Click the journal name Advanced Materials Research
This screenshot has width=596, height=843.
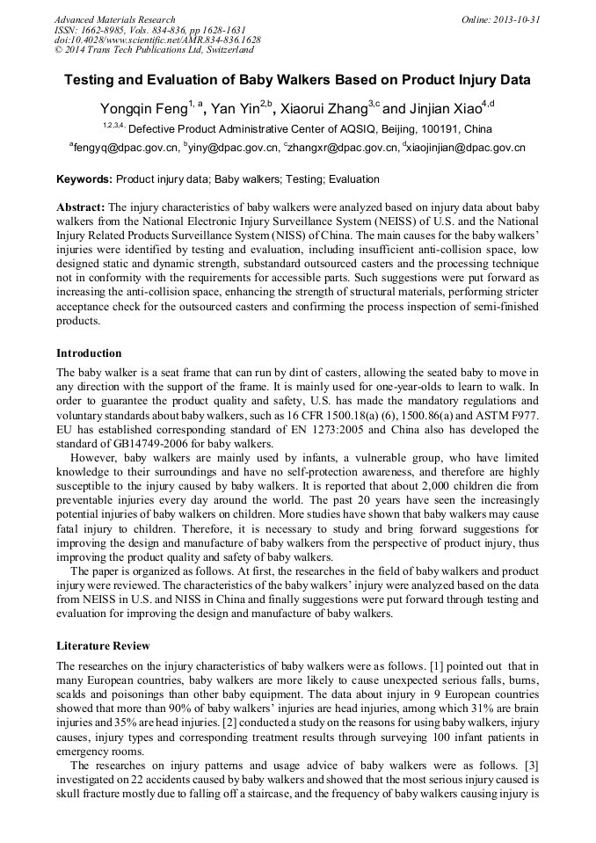point(114,19)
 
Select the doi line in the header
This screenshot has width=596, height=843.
point(157,40)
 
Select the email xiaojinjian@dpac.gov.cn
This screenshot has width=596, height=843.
point(466,148)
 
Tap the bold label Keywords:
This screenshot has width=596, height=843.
point(84,179)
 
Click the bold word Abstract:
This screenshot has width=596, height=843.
point(80,207)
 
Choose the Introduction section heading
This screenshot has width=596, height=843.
point(89,353)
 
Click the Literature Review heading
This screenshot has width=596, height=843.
point(103,646)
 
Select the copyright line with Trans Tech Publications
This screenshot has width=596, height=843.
point(146,51)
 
